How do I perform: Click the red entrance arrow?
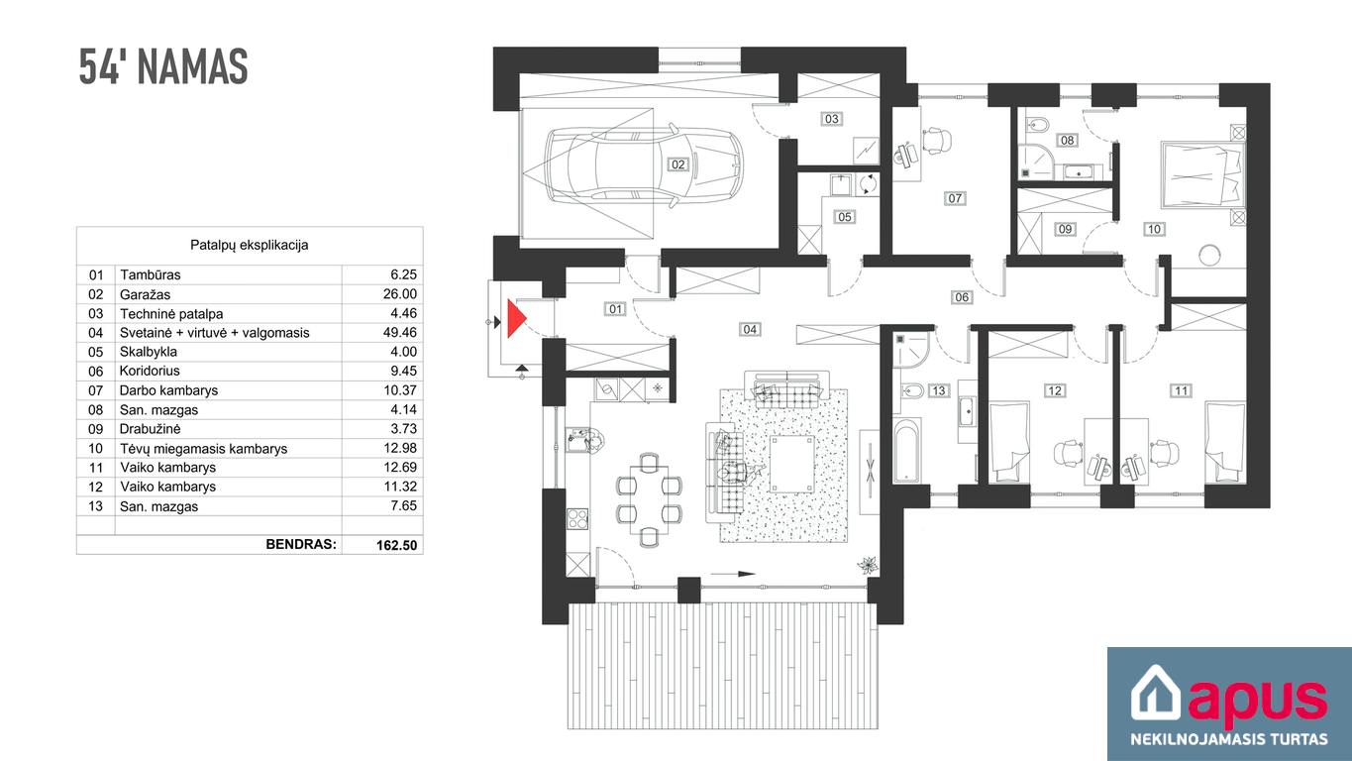click(x=515, y=318)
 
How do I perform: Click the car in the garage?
click(x=644, y=163)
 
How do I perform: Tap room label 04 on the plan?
click(x=750, y=329)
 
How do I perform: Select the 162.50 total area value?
click(x=396, y=545)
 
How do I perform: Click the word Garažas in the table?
click(x=145, y=294)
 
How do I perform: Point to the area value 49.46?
click(x=399, y=332)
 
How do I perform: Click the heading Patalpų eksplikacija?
click(x=250, y=245)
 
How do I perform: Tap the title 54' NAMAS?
click(x=163, y=66)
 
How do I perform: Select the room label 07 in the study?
click(x=954, y=198)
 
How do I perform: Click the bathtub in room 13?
click(x=906, y=450)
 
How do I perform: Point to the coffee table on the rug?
click(x=792, y=465)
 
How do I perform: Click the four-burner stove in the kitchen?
click(x=577, y=519)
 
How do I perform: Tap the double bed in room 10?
click(x=1201, y=174)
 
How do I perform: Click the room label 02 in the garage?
click(x=677, y=164)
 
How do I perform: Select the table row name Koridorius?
click(x=150, y=371)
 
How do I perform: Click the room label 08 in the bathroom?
click(x=1067, y=140)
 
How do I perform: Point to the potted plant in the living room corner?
click(x=868, y=565)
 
